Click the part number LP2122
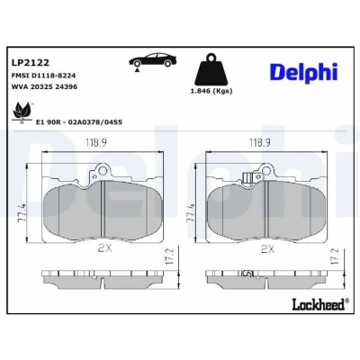[x=30, y=63]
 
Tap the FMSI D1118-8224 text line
[x=43, y=76]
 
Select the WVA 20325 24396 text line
[x=44, y=87]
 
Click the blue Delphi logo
[x=304, y=72]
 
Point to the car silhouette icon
[x=152, y=61]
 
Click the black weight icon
[x=211, y=70]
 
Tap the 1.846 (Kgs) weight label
[x=211, y=91]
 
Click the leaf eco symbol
[x=22, y=112]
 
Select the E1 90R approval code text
[x=79, y=122]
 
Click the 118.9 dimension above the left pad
[x=95, y=143]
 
